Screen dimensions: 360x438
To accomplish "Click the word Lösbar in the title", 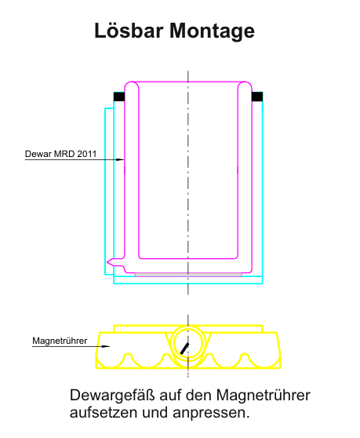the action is tap(129, 30).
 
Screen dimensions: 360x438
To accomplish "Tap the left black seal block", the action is tap(119, 97).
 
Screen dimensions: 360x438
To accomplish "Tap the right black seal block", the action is tap(257, 97).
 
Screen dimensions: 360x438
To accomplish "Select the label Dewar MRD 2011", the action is tap(60, 154).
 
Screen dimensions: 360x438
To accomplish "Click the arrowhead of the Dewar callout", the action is tap(120, 160).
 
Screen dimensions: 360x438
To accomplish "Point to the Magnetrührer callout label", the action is tap(60, 341).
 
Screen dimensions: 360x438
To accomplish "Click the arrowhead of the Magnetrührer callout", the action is tap(106, 346).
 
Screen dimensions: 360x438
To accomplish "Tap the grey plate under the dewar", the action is tap(188, 275).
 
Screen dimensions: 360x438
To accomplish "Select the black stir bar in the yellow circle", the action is tap(184, 349).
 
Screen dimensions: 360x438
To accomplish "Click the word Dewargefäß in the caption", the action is tap(112, 396).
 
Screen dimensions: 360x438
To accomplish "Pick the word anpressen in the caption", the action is tap(211, 414).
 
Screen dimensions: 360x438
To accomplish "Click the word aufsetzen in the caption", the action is tap(104, 412).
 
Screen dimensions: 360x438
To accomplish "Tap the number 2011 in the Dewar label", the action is tap(86, 154).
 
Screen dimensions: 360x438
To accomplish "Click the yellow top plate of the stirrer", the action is tap(188, 328).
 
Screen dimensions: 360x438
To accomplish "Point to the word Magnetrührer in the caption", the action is tap(264, 395).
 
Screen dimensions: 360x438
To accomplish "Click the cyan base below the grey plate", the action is tap(188, 280).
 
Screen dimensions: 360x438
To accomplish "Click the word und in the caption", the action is tap(155, 413).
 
